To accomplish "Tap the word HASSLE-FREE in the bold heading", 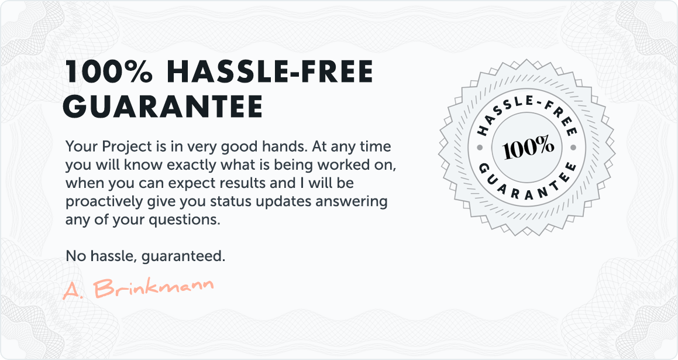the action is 270,71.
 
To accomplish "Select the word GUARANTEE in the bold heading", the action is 163,106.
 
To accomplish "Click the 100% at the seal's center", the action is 528,147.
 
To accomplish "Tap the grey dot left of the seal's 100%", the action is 480,148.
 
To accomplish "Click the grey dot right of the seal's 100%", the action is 573,148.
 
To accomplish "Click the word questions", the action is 184,220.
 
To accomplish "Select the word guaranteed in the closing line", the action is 183,257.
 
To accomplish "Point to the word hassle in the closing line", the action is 113,256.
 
